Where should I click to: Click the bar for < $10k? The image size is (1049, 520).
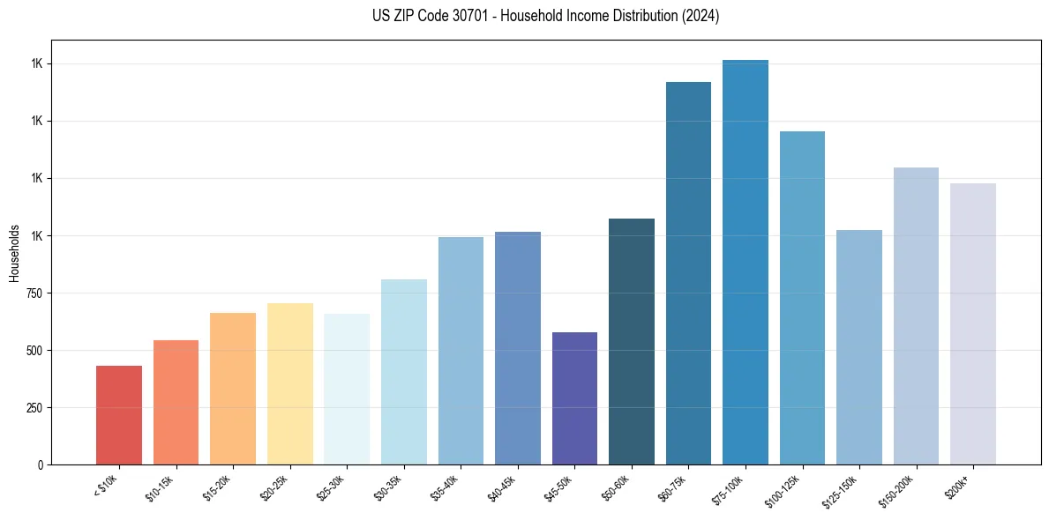[x=119, y=415]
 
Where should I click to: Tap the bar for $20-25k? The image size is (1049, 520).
[x=289, y=384]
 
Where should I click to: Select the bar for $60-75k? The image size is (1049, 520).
[x=688, y=273]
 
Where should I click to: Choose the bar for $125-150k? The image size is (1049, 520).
[x=859, y=347]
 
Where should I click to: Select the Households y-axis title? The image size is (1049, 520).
[x=14, y=253]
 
